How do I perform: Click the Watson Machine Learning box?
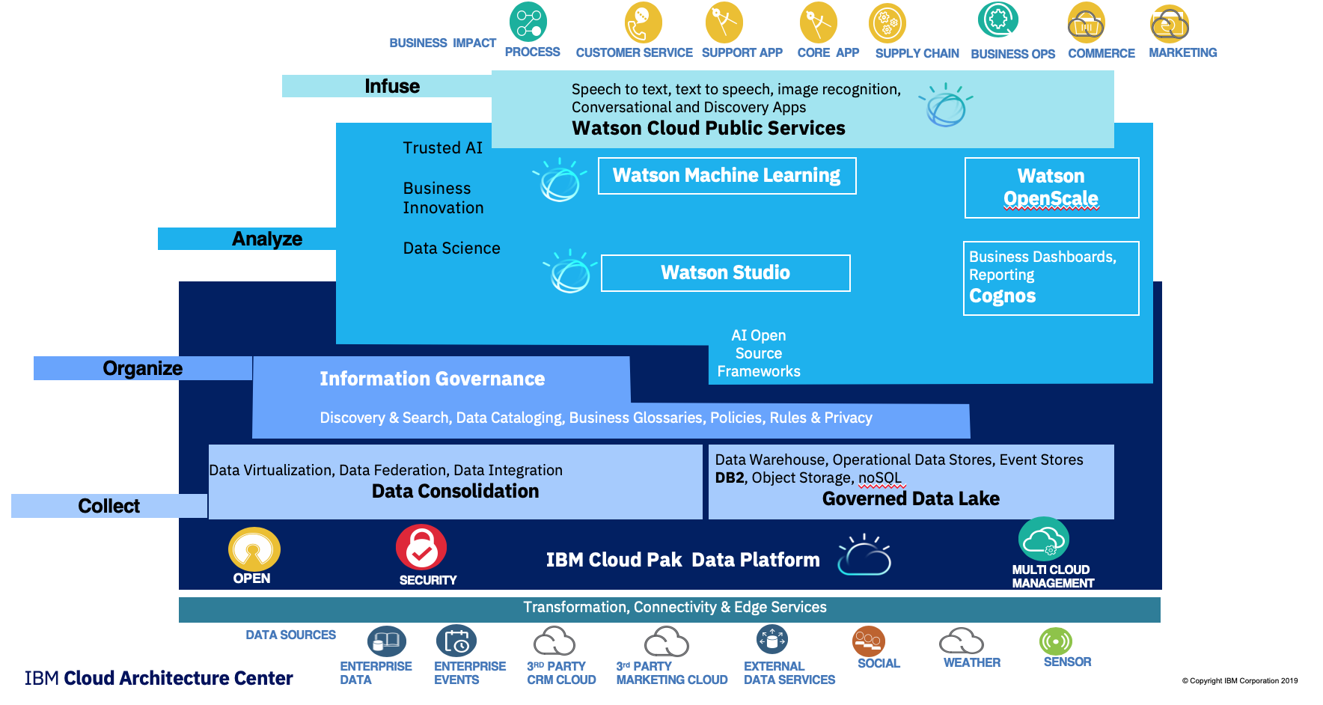click(727, 176)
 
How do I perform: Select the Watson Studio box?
click(725, 273)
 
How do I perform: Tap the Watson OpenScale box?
click(1051, 188)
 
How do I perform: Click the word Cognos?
click(1002, 296)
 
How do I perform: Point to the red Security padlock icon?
click(421, 547)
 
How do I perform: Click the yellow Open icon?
click(254, 549)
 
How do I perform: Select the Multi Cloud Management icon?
click(1044, 539)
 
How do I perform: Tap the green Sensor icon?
click(1056, 641)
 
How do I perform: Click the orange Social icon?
click(869, 641)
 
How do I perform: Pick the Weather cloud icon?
click(962, 641)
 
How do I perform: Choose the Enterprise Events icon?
click(456, 642)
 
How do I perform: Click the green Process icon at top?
click(528, 22)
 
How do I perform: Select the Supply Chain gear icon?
click(887, 23)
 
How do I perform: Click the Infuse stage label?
click(392, 86)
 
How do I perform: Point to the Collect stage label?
click(109, 506)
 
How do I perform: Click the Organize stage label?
click(143, 368)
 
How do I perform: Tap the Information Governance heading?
click(433, 379)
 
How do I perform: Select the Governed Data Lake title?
click(911, 498)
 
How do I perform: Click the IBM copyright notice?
click(1240, 681)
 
